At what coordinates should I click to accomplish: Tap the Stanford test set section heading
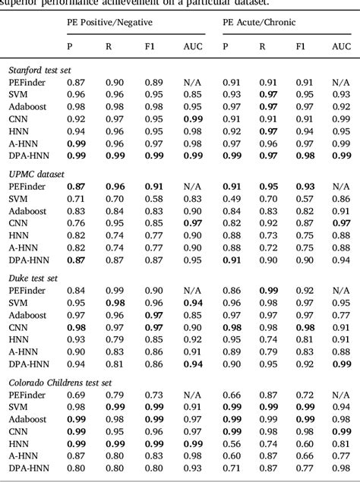[x=39, y=70]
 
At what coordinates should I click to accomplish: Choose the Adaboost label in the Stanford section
[x=27, y=106]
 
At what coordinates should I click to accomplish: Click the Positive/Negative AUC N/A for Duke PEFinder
[x=193, y=291]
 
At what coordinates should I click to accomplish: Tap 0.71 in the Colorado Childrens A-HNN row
[x=263, y=455]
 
